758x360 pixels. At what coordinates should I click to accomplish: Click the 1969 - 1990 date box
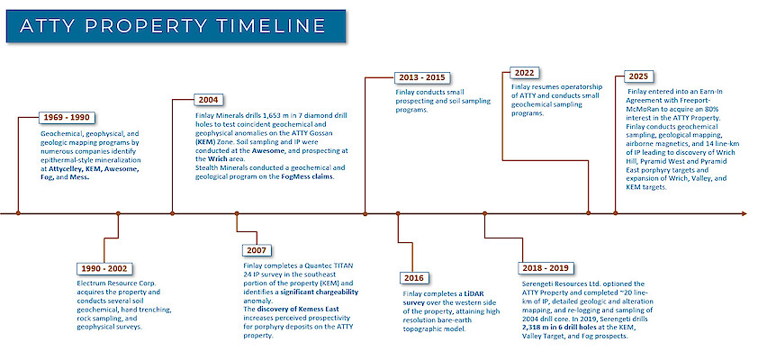coord(67,117)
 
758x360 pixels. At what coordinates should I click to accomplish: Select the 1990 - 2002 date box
coord(104,269)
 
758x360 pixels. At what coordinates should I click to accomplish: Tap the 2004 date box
coord(208,100)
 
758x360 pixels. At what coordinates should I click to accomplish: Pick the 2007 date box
coord(257,250)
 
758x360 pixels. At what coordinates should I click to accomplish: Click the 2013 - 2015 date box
coord(422,77)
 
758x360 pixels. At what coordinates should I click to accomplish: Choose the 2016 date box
coord(414,278)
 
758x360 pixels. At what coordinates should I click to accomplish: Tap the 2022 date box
coord(525,74)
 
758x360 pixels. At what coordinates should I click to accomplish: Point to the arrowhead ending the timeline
coord(744,213)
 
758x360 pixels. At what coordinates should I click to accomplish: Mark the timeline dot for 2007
coord(237,213)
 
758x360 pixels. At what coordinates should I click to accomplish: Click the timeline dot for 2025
coord(615,213)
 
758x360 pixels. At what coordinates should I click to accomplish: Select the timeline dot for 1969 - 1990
coord(18,213)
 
